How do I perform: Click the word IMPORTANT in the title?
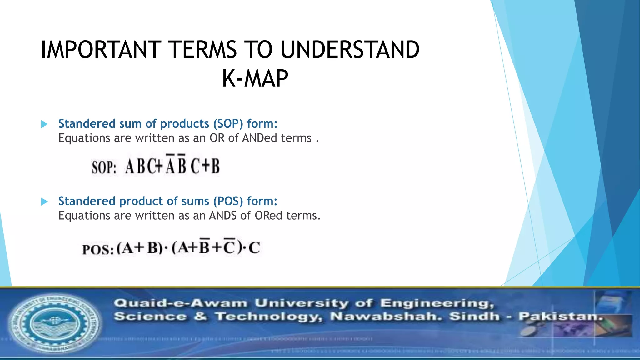(101, 50)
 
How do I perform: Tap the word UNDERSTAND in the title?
(350, 50)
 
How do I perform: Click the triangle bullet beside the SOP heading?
(45, 124)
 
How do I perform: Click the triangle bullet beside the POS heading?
(45, 202)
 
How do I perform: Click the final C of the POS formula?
(254, 248)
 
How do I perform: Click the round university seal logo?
(55, 323)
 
